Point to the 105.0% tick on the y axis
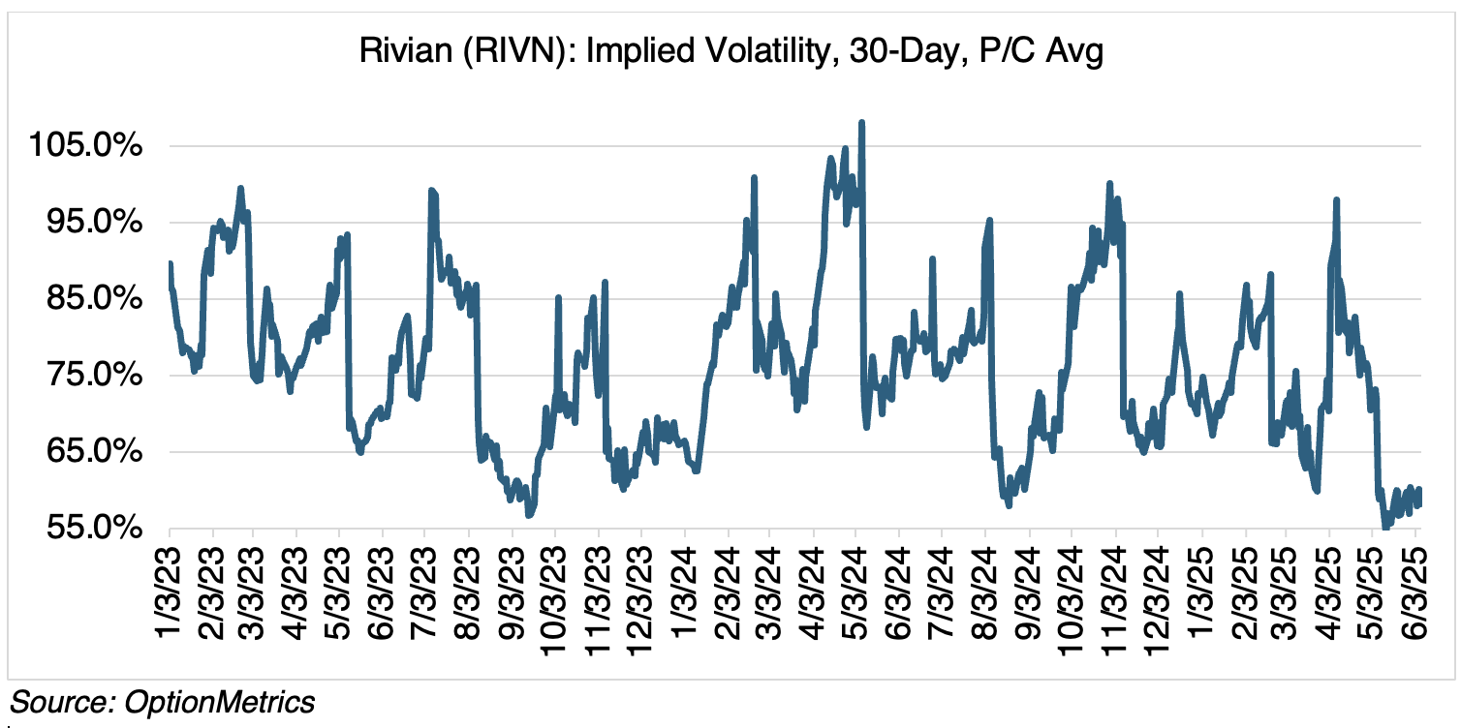[86, 147]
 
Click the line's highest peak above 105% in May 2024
[861, 123]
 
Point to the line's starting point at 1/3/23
[170, 263]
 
